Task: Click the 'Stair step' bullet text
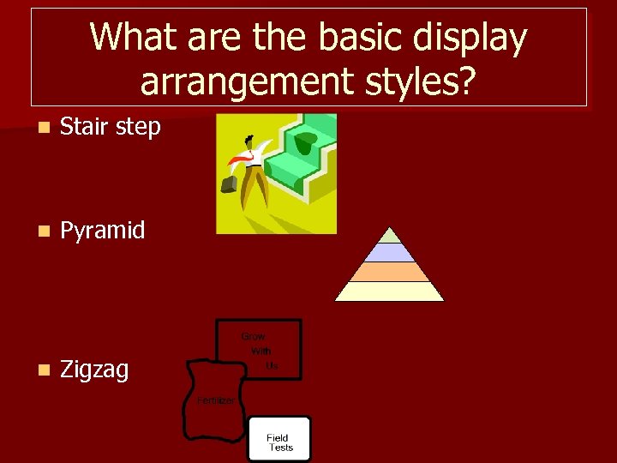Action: coord(110,127)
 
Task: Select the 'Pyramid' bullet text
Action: coord(102,230)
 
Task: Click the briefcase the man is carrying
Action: coord(230,182)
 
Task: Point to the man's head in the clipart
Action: coord(249,141)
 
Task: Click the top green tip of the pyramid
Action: coord(390,236)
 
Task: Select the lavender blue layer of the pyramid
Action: coord(390,252)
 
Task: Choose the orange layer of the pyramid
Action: coord(390,272)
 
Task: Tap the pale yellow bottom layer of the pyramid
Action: coord(390,292)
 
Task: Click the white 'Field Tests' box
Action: coord(279,439)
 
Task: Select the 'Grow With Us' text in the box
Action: coord(259,351)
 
